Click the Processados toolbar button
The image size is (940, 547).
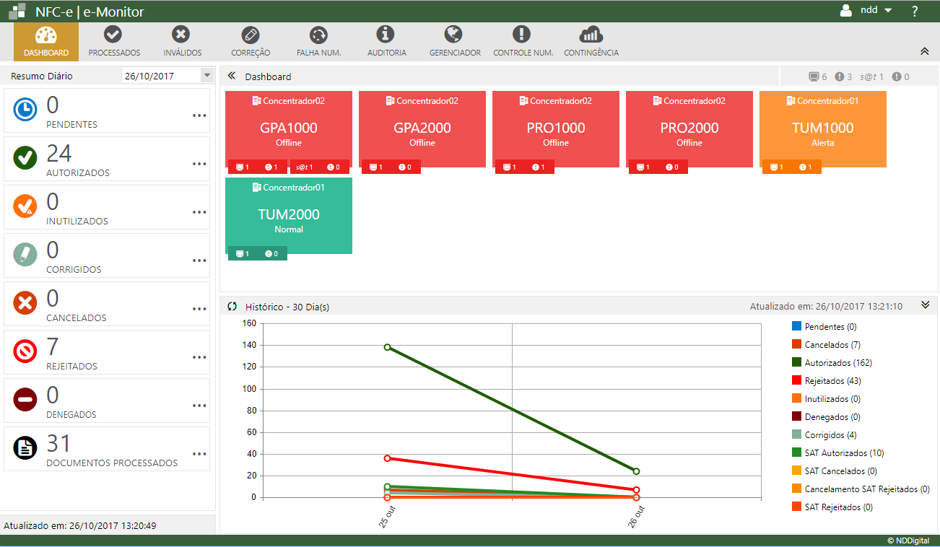coord(113,41)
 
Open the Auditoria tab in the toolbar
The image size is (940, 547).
coord(386,41)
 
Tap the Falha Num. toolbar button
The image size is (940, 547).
coord(318,41)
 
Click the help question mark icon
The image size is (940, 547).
coord(915,11)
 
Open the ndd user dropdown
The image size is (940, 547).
coord(867,11)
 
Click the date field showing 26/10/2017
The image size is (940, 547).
coord(160,76)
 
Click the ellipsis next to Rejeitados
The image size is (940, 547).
coord(200,357)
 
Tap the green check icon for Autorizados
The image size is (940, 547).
coord(25,158)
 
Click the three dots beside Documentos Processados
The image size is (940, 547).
coord(200,454)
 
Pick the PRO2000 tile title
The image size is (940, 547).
coord(689,128)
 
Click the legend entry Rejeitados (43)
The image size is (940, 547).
coord(832,381)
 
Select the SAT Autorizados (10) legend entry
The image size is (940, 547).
coord(844,453)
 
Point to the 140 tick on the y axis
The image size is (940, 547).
coord(249,346)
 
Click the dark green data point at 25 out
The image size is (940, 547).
coord(388,347)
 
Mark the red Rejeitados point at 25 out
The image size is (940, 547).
coord(388,458)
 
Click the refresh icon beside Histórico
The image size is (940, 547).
coord(232,306)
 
